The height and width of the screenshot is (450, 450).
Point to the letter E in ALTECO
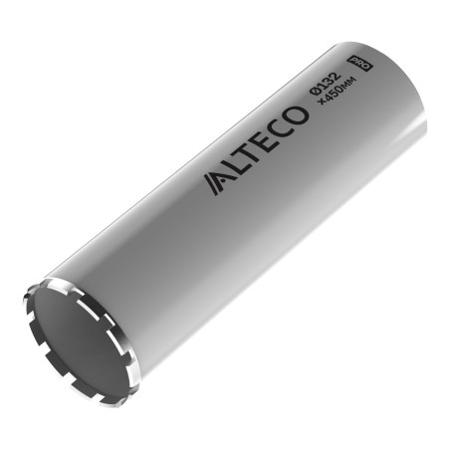[268, 139]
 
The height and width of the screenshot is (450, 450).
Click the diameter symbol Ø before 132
[314, 91]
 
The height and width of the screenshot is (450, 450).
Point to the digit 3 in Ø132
[328, 81]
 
